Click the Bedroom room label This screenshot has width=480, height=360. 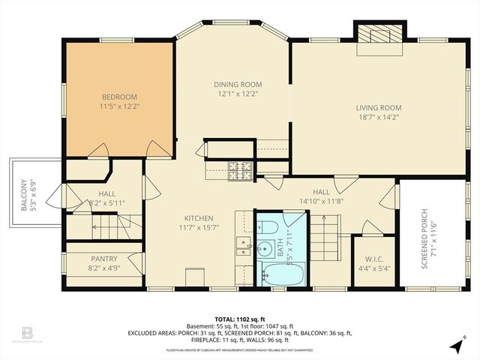[x=120, y=97]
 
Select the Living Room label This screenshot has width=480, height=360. [x=378, y=107]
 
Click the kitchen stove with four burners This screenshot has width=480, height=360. [x=239, y=172]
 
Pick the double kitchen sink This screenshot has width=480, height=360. [x=244, y=243]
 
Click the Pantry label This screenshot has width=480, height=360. [x=103, y=258]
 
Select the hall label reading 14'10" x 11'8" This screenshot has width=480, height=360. [x=321, y=201]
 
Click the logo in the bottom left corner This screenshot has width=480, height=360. [x=27, y=331]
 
